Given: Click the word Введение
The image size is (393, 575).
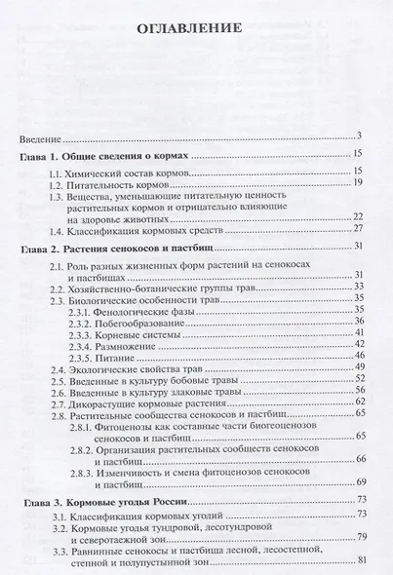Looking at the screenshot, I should [x=41, y=135].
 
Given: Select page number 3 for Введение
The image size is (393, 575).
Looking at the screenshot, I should [x=359, y=135].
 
